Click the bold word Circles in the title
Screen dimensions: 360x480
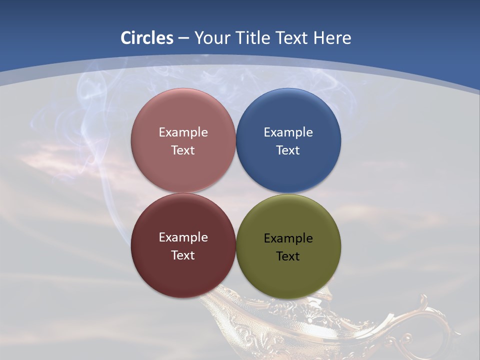pos(147,38)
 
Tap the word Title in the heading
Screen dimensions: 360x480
pos(253,38)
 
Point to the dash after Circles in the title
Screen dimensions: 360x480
pos(183,38)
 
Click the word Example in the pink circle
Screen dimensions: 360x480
pos(183,132)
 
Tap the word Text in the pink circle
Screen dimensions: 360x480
pos(183,150)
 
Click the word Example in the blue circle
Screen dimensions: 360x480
pos(288,132)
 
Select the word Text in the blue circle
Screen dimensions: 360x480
pos(288,150)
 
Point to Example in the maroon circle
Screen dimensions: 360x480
pos(183,237)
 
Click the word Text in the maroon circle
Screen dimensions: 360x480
pos(183,255)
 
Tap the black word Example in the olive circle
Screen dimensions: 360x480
pos(288,238)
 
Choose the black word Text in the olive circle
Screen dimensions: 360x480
pos(288,256)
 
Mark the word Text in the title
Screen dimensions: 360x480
pos(293,38)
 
